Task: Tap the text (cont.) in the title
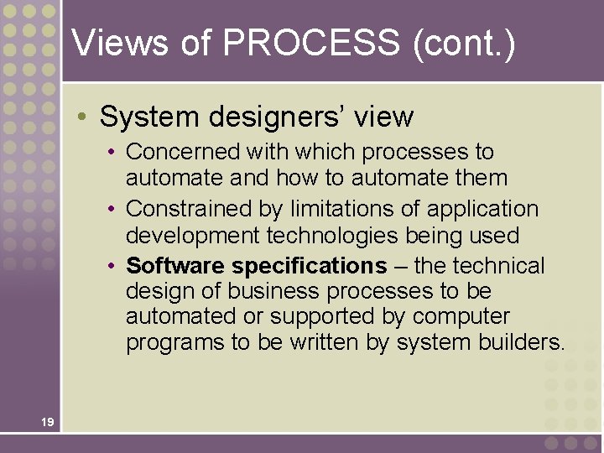click(x=463, y=44)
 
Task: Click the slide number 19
click(x=47, y=421)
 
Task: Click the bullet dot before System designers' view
click(x=86, y=116)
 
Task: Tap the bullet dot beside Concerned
click(x=112, y=152)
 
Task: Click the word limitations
click(x=333, y=209)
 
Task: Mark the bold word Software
click(x=175, y=266)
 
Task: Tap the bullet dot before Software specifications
click(x=112, y=266)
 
